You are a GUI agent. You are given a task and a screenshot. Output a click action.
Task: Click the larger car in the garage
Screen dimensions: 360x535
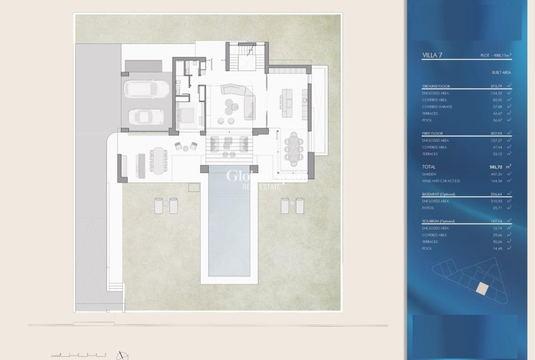(x=146, y=89)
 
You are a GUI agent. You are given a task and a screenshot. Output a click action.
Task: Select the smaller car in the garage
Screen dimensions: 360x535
(x=145, y=116)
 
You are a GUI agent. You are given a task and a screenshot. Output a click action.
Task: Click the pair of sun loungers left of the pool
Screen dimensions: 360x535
(x=166, y=205)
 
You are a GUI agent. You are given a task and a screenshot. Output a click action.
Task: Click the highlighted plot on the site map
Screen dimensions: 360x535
(x=481, y=288)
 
